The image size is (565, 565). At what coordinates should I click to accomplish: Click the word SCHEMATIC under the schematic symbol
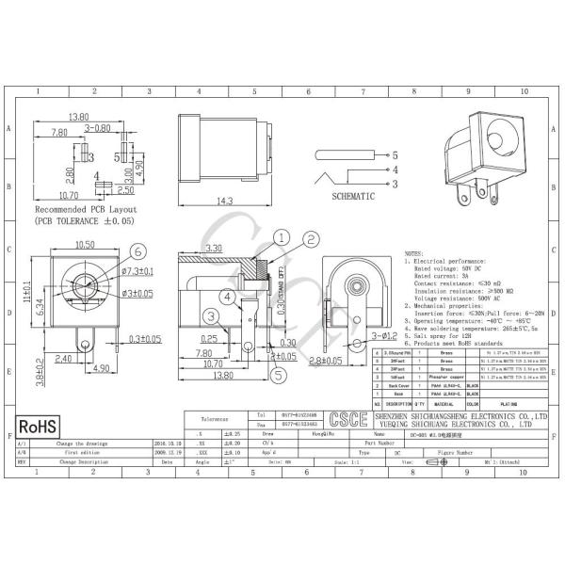pyautogui.click(x=353, y=196)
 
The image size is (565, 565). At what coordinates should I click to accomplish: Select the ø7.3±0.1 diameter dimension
pyautogui.click(x=138, y=270)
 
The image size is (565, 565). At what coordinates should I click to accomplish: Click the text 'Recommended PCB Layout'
pyautogui.click(x=86, y=209)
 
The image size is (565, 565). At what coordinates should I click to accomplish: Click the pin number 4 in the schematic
pyautogui.click(x=395, y=170)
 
